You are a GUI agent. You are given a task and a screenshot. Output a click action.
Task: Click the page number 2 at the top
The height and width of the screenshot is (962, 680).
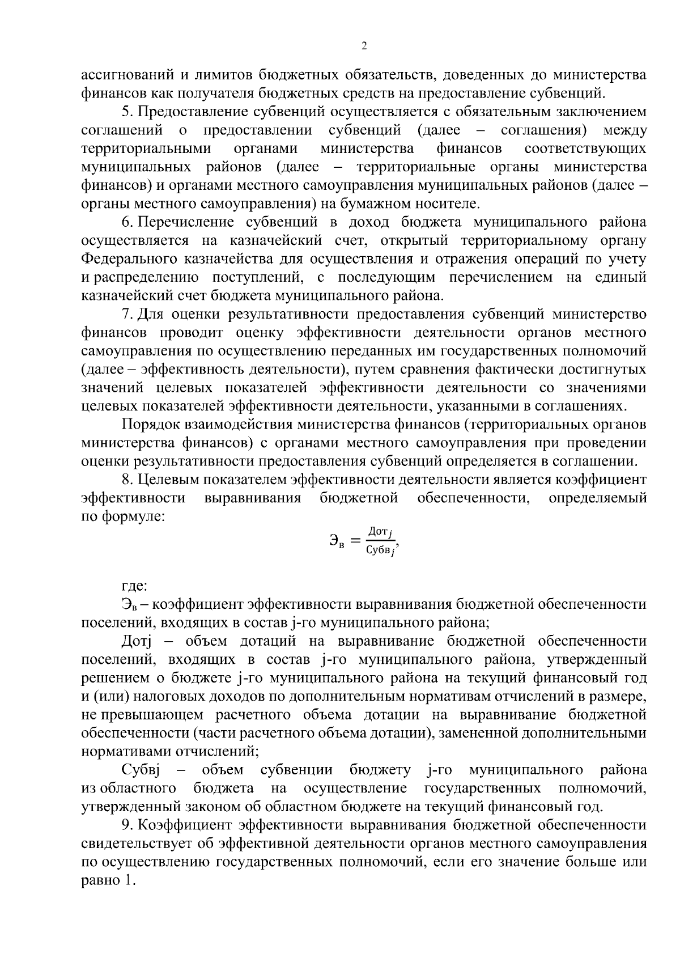coord(364,46)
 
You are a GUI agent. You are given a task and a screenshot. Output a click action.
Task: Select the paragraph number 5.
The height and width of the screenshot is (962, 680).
coord(126,112)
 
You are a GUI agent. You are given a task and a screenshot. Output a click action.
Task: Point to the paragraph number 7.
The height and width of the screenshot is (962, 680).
coord(126,314)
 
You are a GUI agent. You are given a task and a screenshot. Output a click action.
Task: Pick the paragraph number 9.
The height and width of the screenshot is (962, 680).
coord(126,825)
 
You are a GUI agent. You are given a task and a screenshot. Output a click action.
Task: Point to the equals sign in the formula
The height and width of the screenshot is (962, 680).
coord(355,541)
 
